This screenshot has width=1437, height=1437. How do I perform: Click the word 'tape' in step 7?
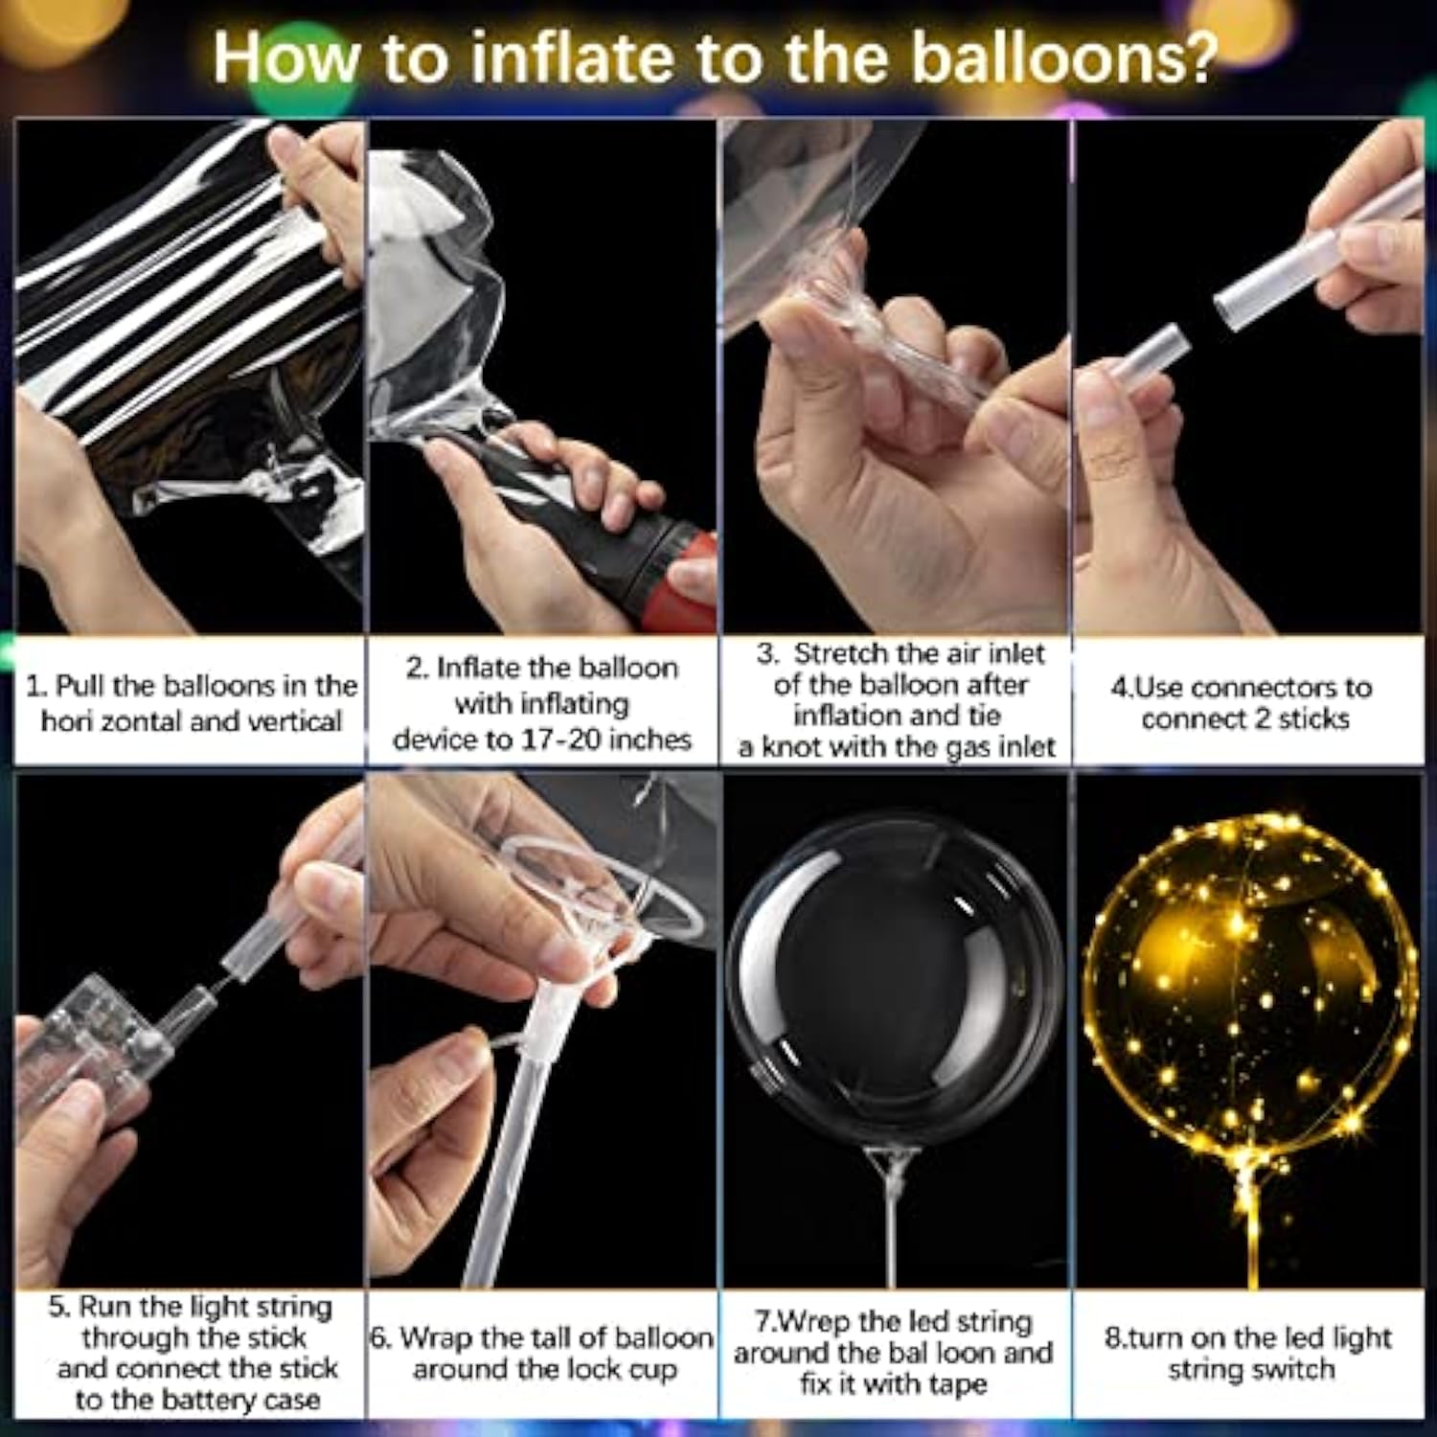(x=957, y=1384)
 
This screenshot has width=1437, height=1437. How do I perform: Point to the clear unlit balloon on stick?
(x=896, y=977)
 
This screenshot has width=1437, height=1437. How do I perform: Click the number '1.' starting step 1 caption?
(x=36, y=687)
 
